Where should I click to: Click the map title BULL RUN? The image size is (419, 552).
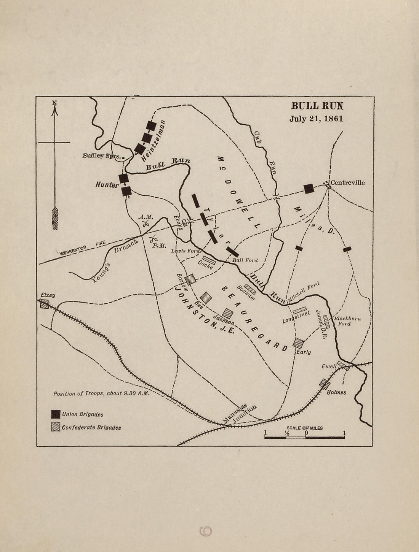tap(317, 105)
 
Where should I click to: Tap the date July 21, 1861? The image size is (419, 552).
tap(316, 119)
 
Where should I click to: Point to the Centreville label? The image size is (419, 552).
tap(347, 182)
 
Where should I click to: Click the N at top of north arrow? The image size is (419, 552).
tap(54, 103)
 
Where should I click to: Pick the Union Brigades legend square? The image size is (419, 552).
tap(56, 414)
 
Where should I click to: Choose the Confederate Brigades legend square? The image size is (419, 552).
tap(56, 427)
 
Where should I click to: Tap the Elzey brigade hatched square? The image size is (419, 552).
tap(45, 304)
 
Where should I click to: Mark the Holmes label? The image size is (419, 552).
tap(337, 392)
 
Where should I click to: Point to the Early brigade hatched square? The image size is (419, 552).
tap(298, 343)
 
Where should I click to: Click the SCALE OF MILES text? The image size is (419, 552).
tap(305, 428)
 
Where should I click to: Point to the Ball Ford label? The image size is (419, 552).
tap(245, 260)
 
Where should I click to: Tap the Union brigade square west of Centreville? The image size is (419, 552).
tap(309, 188)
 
